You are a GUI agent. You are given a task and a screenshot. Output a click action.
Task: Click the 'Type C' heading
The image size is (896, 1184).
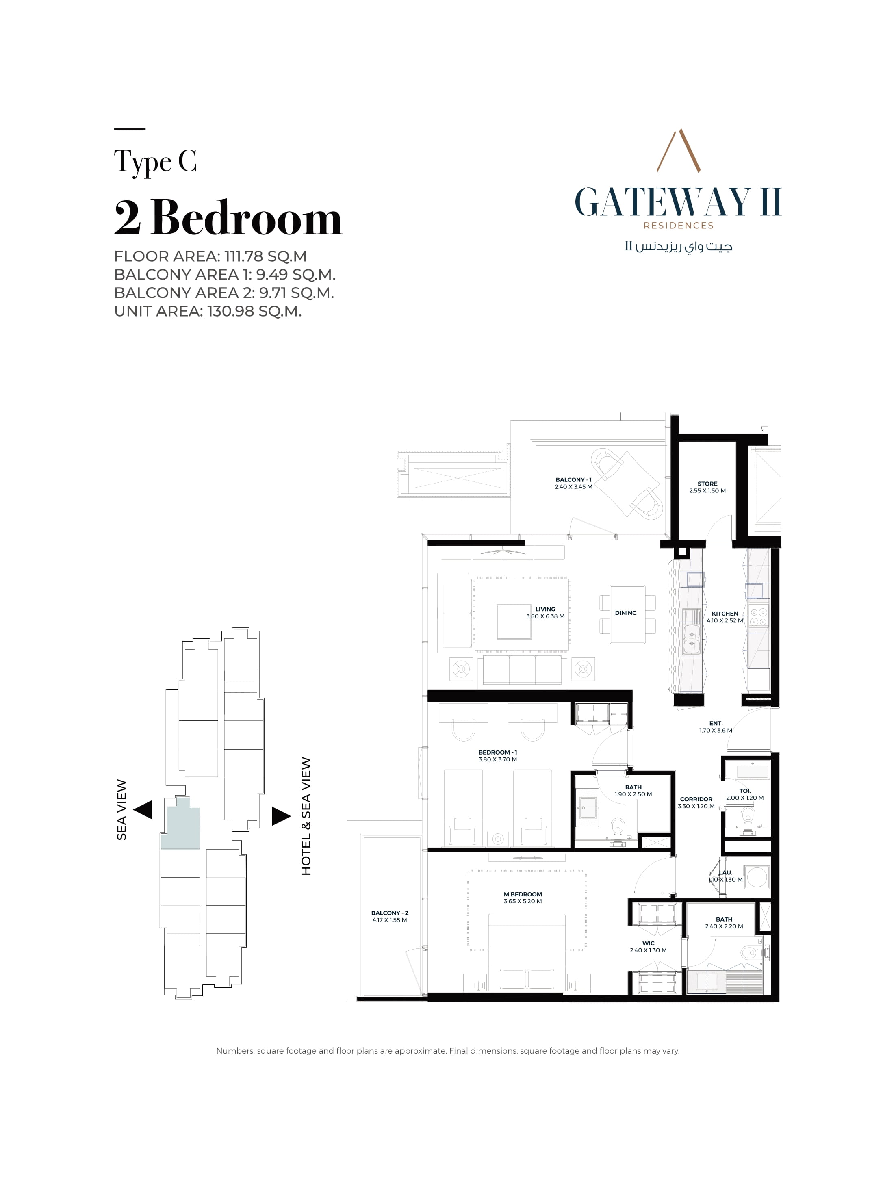(x=155, y=162)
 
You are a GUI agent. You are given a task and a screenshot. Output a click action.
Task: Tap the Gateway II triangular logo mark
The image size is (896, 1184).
(x=679, y=150)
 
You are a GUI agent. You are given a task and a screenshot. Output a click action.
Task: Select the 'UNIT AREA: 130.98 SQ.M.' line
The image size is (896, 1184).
(x=208, y=311)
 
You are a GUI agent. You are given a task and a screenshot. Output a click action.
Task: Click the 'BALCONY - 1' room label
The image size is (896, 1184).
(x=573, y=479)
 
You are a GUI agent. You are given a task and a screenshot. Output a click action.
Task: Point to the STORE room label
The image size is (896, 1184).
(x=707, y=484)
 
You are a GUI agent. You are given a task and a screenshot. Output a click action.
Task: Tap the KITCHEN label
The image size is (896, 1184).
(x=725, y=614)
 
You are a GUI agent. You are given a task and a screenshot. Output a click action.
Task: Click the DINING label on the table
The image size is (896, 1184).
(x=626, y=613)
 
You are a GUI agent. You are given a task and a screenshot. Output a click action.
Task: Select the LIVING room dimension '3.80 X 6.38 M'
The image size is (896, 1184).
(x=545, y=616)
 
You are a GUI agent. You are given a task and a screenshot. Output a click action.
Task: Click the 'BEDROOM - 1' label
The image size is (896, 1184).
(x=498, y=752)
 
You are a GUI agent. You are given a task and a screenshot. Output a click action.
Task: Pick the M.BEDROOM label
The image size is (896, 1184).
(x=523, y=894)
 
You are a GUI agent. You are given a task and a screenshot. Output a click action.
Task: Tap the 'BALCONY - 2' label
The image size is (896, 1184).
(x=390, y=913)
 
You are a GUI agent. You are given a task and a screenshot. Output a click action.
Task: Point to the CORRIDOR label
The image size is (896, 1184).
(x=696, y=799)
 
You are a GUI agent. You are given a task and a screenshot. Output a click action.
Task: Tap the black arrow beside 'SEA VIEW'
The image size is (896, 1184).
(x=143, y=809)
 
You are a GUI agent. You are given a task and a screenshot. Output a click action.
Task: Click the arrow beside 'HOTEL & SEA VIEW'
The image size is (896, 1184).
(x=281, y=816)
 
